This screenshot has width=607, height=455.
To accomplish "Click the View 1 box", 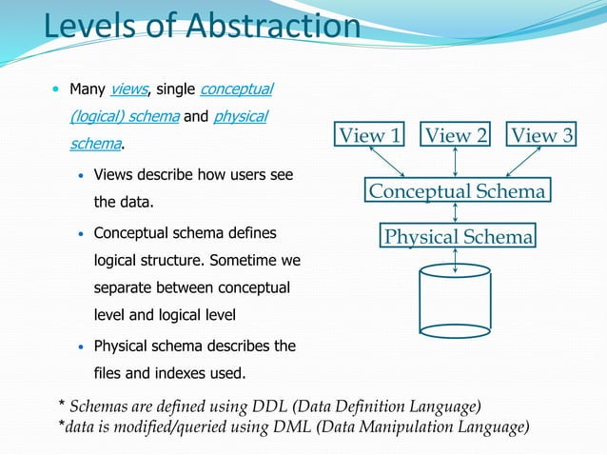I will (x=370, y=135).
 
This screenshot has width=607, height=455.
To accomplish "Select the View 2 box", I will (x=456, y=135).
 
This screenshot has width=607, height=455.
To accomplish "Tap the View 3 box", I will (x=541, y=135).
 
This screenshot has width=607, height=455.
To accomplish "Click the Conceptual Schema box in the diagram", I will (x=457, y=191).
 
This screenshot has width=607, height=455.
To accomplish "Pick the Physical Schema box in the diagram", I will (x=457, y=236).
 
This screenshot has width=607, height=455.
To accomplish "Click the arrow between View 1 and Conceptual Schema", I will (x=390, y=164).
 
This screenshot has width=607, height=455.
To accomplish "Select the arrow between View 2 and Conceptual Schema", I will (x=457, y=164).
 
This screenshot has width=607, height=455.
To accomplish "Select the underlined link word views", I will (x=128, y=90).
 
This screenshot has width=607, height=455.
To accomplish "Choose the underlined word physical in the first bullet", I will (x=240, y=117).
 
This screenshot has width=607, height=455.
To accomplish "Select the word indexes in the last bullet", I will (x=170, y=372).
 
